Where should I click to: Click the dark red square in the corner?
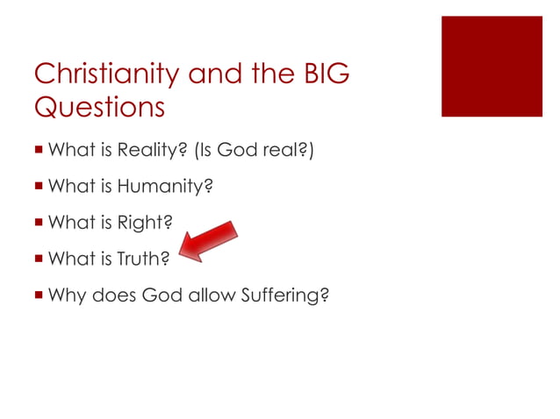click(x=492, y=66)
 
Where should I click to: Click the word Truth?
click(x=144, y=259)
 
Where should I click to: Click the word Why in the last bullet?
click(x=66, y=295)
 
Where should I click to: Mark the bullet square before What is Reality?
click(x=39, y=150)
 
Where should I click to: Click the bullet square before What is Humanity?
click(x=39, y=186)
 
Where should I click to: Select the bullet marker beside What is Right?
click(x=39, y=223)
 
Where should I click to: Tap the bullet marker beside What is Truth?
click(x=39, y=259)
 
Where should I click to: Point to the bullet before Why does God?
click(x=39, y=295)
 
